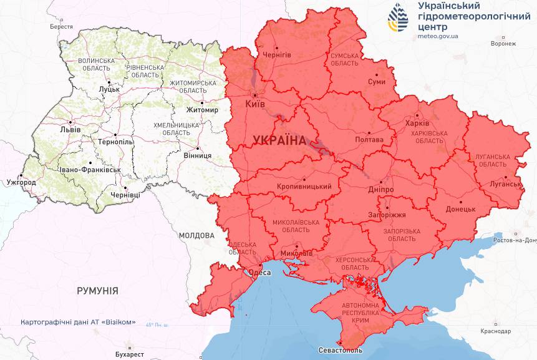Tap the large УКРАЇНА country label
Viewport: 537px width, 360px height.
(x=279, y=140)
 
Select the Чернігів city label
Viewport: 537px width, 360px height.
(x=276, y=55)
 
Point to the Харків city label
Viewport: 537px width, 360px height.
(x=417, y=123)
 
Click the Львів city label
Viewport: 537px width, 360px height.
(x=70, y=130)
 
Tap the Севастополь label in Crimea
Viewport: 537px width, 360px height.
(x=340, y=351)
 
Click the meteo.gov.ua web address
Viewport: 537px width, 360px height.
(x=438, y=36)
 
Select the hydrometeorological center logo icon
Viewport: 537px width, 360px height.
(x=398, y=18)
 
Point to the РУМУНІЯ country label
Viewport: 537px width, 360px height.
(x=97, y=291)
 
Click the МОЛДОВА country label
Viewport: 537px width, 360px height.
(x=196, y=236)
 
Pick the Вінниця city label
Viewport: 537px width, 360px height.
(x=197, y=155)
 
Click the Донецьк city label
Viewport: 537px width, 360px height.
(x=460, y=209)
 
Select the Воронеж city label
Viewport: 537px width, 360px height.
(x=503, y=44)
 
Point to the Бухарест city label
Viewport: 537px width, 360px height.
(x=128, y=354)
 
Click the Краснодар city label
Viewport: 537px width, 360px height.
(x=496, y=331)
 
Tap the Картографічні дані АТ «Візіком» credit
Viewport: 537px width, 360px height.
(x=78, y=322)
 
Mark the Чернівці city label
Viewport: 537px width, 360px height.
(x=125, y=195)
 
